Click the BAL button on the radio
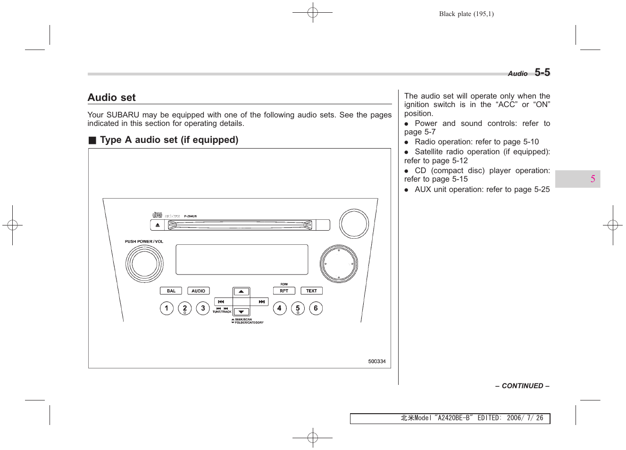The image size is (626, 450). point(171,291)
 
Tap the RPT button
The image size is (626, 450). point(284,291)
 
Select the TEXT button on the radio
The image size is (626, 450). point(311,291)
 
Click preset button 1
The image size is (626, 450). point(167,308)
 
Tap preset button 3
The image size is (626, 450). point(203,308)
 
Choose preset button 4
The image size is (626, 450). point(280,308)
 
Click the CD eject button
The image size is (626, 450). point(158,225)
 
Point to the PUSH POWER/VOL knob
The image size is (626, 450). point(144,264)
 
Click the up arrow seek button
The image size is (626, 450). point(241,292)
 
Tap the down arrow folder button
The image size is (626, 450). point(241,312)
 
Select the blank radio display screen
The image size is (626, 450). point(242,259)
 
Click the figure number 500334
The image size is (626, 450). point(376,361)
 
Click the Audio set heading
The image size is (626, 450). point(112,98)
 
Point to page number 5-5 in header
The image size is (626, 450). point(542,73)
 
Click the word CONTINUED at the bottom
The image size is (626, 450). point(522,386)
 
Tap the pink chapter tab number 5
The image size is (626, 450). point(593,179)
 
